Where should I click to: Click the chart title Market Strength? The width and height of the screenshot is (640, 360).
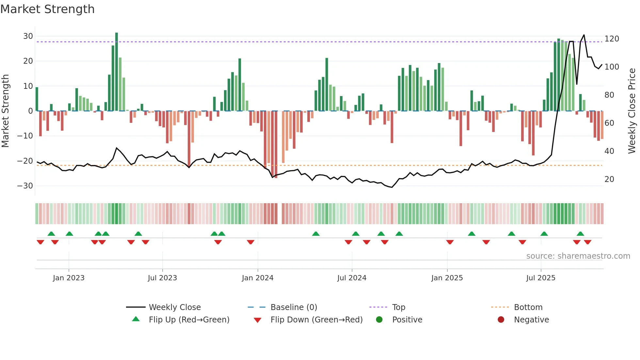pos(47,9)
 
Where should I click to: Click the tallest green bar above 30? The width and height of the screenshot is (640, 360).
pos(117,72)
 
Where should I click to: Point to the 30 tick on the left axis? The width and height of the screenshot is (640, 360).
pos(28,36)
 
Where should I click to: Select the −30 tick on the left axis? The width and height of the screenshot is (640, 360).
pos(25,186)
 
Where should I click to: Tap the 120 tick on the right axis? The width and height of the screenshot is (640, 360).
pos(612,39)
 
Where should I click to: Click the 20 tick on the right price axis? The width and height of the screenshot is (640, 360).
pos(609,179)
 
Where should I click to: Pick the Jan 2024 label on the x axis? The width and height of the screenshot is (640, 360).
pos(257,278)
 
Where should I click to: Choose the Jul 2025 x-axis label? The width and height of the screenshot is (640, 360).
pos(540,278)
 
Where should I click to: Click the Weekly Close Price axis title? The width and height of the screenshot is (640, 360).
pos(632,111)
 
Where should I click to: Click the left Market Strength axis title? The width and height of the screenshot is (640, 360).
pos(5,111)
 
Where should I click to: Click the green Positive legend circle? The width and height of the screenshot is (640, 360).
pos(379,320)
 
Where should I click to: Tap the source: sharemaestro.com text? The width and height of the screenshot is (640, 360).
pos(578,256)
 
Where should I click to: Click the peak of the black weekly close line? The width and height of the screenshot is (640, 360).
pos(584,35)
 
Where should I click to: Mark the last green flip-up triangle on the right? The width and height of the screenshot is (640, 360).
pos(580,234)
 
